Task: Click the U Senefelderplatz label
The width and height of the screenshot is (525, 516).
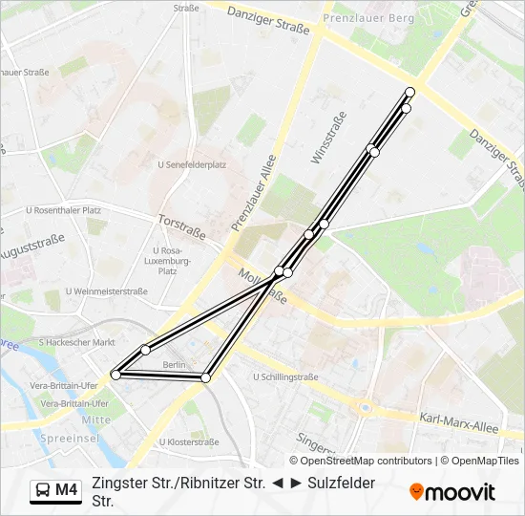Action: pyautogui.click(x=191, y=164)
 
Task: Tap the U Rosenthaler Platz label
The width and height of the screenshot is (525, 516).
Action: pyautogui.click(x=63, y=210)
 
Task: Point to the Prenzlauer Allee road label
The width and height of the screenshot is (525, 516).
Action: pyautogui.click(x=253, y=193)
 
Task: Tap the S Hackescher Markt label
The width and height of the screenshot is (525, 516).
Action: pyautogui.click(x=76, y=342)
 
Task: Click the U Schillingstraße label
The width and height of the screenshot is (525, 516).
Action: pyautogui.click(x=285, y=377)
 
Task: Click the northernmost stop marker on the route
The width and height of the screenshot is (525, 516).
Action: pyautogui.click(x=410, y=92)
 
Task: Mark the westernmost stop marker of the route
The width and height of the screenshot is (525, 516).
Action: pyautogui.click(x=115, y=375)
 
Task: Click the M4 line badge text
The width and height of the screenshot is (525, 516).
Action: pyautogui.click(x=66, y=490)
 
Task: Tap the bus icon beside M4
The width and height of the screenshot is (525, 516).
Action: pyautogui.click(x=43, y=490)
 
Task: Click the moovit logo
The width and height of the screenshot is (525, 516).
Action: pyautogui.click(x=452, y=492)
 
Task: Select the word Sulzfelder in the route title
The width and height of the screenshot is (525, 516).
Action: pyautogui.click(x=341, y=484)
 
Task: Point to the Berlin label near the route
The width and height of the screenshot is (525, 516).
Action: pyautogui.click(x=174, y=366)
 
